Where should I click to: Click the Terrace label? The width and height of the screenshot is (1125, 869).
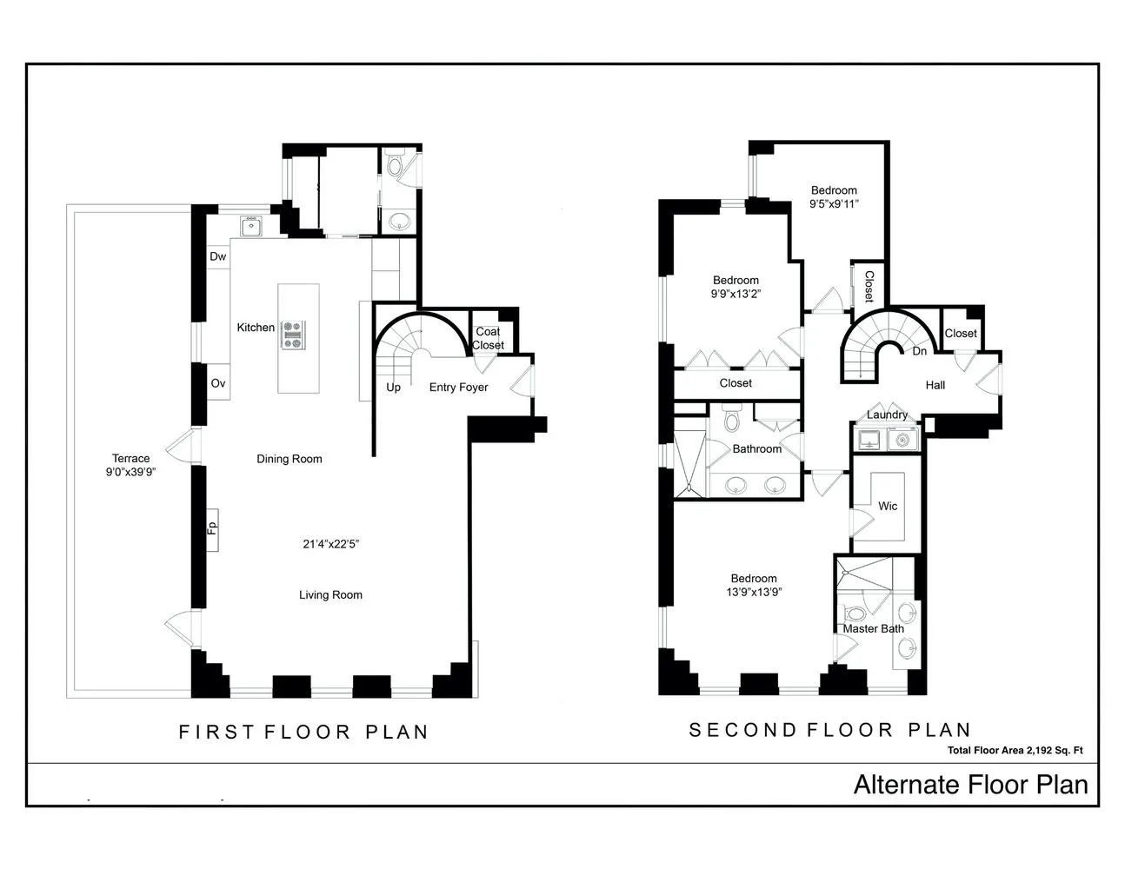tap(130, 459)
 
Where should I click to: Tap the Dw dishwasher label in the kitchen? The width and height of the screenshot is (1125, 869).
tap(217, 256)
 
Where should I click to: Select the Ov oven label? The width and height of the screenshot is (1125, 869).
tap(217, 383)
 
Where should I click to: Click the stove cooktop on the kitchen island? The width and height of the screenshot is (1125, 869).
tap(293, 335)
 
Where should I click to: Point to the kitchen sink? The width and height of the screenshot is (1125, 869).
tap(251, 226)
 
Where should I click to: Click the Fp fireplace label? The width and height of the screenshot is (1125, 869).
tap(211, 528)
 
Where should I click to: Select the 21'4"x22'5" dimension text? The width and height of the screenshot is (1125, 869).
tap(330, 544)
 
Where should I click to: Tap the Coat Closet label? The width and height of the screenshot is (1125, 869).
tap(488, 338)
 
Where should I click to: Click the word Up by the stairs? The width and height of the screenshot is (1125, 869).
tap(393, 388)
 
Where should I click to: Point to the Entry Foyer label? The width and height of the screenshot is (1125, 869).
tap(458, 388)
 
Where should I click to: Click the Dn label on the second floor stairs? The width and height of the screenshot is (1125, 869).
tap(919, 351)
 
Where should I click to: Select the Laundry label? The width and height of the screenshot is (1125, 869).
tap(887, 415)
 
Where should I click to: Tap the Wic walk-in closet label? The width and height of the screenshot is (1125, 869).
tap(887, 506)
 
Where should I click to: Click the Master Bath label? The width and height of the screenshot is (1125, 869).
tap(873, 628)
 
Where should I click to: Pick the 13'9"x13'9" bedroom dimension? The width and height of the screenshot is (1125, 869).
tap(753, 592)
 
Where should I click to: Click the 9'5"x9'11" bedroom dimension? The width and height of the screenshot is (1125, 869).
tap(834, 204)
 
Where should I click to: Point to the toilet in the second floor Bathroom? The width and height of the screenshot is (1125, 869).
tap(730, 421)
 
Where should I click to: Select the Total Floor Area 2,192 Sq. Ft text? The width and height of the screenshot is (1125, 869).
tap(1015, 751)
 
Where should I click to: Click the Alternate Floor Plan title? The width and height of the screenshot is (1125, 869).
tap(970, 785)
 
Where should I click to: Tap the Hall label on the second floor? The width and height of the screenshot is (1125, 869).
tap(935, 385)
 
